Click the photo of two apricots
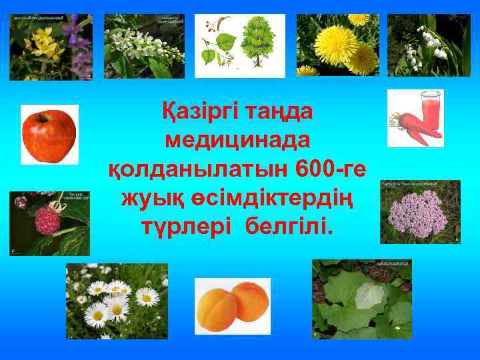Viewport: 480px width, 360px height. click(x=232, y=306)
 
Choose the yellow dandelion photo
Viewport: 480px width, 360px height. click(x=337, y=45)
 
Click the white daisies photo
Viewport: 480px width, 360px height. click(x=116, y=301)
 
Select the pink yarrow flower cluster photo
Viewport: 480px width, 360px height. click(x=419, y=211)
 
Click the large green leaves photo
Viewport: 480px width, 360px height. click(x=361, y=298)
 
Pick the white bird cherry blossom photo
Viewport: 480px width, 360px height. click(x=144, y=46)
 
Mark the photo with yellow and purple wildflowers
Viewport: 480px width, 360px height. click(x=51, y=47)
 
